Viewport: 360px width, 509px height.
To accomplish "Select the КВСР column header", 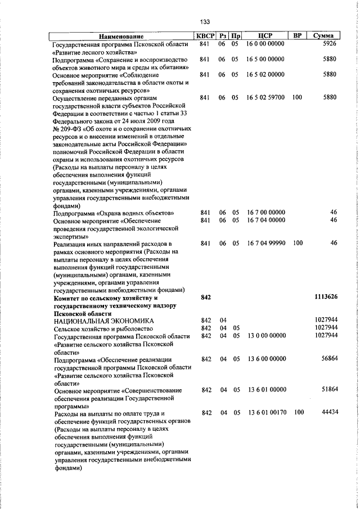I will point(204,36).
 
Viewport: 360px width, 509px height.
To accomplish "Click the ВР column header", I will point(298,36).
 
